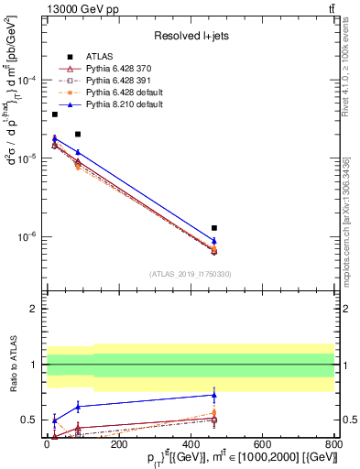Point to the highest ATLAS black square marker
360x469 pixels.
pyautogui.click(x=55, y=115)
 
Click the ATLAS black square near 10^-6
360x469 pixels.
pyautogui.click(x=214, y=227)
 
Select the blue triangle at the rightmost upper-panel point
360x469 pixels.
pyautogui.click(x=214, y=241)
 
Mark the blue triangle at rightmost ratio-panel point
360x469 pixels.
pyautogui.click(x=214, y=395)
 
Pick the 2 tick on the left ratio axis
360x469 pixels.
pyautogui.click(x=37, y=310)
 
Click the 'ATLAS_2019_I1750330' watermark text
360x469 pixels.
pyautogui.click(x=190, y=274)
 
